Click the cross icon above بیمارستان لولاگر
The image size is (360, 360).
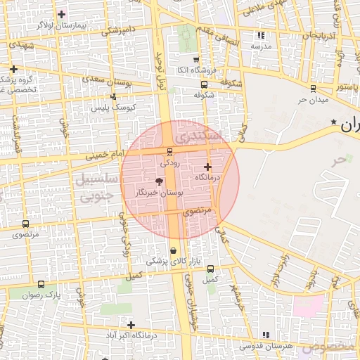(62, 14)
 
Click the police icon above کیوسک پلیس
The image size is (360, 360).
(112, 97)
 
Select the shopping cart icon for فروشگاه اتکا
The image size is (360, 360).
(195, 60)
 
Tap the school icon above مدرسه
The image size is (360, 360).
(261, 34)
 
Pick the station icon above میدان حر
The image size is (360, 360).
(314, 89)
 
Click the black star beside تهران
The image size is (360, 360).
(334, 122)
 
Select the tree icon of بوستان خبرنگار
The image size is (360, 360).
(158, 181)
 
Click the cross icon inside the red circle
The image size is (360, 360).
(207, 167)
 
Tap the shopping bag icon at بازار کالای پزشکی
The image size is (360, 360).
(173, 250)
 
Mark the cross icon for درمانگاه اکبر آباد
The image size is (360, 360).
(131, 324)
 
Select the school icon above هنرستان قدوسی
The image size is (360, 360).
(265, 335)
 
